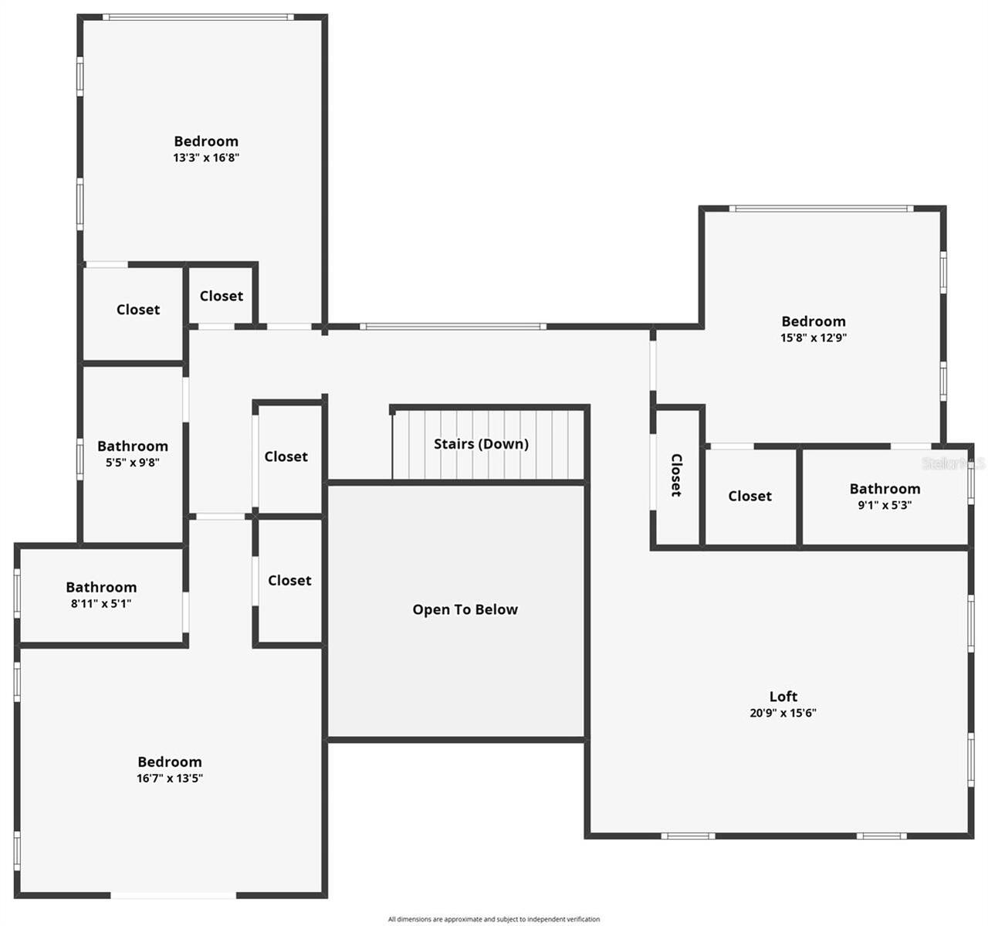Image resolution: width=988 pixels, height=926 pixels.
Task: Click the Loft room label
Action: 783,696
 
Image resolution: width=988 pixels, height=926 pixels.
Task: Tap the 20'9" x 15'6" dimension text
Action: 783,713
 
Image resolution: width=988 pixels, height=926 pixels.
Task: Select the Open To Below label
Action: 465,609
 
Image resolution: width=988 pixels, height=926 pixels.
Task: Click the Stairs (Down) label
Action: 481,444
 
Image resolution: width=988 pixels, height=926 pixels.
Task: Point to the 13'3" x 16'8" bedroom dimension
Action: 206,158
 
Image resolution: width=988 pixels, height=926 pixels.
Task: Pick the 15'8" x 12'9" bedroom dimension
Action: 814,337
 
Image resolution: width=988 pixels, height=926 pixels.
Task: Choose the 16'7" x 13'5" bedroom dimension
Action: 170,778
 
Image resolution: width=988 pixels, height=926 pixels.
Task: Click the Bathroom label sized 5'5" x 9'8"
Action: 132,446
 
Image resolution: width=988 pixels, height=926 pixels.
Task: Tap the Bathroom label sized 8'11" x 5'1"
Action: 101,588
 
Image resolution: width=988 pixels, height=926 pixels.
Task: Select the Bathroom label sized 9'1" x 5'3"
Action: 885,489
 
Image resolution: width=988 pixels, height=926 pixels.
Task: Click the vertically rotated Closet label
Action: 676,475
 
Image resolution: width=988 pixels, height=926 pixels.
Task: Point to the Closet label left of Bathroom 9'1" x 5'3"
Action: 749,496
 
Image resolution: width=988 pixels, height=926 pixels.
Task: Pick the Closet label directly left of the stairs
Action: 286,456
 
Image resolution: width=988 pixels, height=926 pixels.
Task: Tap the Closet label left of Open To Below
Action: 289,580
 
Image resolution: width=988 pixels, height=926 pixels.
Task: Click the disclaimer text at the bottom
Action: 494,919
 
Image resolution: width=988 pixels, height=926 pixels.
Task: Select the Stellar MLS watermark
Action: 954,463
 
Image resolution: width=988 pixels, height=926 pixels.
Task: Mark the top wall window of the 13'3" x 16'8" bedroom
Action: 198,17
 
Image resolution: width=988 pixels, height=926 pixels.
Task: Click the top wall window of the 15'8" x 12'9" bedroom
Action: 821,209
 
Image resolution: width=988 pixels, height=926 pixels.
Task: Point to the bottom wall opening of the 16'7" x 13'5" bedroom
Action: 174,895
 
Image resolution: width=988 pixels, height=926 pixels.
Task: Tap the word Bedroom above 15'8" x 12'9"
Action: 814,321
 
